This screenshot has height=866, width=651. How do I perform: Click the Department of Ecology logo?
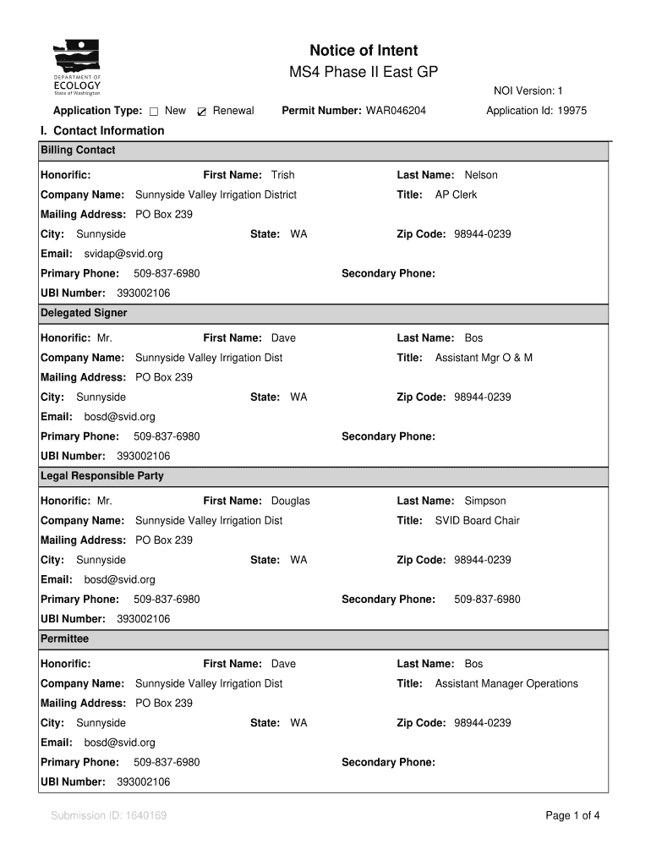[x=77, y=68]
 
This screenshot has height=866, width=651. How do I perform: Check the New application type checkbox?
[x=154, y=112]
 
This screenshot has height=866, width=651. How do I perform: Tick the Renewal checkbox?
[x=202, y=112]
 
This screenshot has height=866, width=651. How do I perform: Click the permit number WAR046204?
[x=396, y=111]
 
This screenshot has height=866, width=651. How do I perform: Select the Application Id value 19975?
[x=572, y=111]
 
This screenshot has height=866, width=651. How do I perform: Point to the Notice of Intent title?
[x=364, y=51]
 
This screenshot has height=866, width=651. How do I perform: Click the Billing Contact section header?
[x=78, y=151]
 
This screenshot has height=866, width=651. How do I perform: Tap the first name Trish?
[x=282, y=175]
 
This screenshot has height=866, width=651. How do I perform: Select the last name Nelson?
[x=481, y=175]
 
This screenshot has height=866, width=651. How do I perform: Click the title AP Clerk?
[x=456, y=195]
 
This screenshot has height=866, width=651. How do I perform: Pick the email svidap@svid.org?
[x=123, y=254]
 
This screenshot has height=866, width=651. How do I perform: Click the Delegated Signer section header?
[x=84, y=313]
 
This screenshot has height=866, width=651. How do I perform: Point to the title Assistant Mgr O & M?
[x=484, y=358]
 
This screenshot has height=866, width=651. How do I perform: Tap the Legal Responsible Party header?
[x=102, y=476]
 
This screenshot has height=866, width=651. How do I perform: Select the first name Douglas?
[x=290, y=501]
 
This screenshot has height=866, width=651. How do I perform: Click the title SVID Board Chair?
[x=477, y=520]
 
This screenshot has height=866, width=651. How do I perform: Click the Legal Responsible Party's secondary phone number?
[x=487, y=600]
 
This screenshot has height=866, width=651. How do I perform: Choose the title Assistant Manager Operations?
[x=506, y=683]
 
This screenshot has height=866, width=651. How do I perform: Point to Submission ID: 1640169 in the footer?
[x=108, y=816]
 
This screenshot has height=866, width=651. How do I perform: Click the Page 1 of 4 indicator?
[x=573, y=816]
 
